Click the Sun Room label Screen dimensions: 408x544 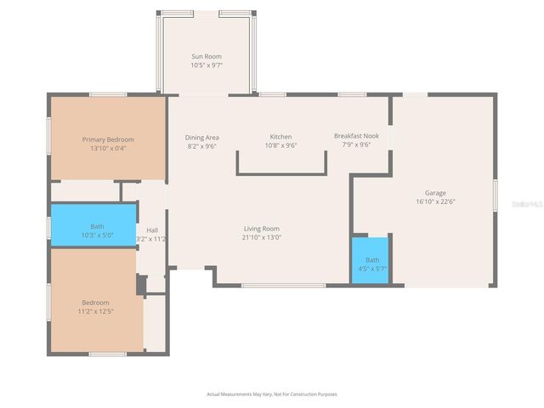(207, 56)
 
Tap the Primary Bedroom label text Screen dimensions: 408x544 (108, 139)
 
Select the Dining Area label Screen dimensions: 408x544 (202, 137)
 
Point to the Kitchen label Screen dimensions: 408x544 (280, 137)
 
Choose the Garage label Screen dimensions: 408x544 (435, 193)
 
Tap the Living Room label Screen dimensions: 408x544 (262, 229)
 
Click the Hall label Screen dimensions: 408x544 (152, 230)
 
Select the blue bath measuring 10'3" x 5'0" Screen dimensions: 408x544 (93, 226)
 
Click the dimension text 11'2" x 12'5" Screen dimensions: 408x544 (95, 311)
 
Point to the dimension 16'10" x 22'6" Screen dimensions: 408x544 (435, 201)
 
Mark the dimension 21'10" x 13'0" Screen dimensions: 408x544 (262, 237)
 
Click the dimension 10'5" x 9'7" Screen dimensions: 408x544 (207, 65)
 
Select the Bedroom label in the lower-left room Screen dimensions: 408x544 (95, 303)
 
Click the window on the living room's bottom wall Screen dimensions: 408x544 (271, 286)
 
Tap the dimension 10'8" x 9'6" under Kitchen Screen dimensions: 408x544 (280, 145)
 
